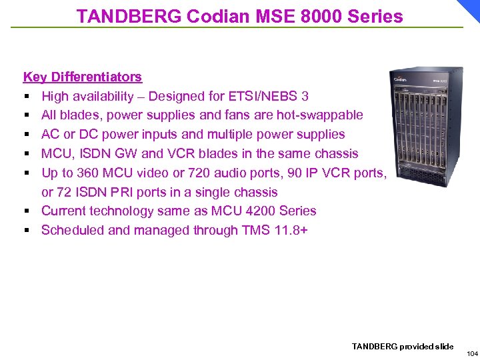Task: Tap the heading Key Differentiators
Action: (x=82, y=77)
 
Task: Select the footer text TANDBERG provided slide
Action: (x=402, y=346)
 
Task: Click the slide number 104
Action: (x=472, y=353)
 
